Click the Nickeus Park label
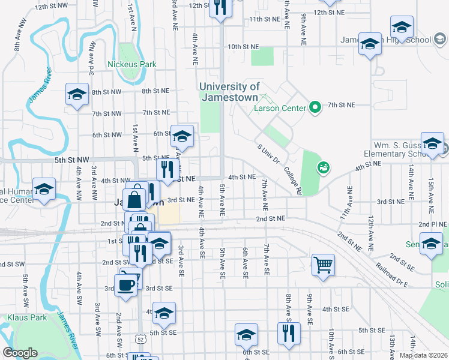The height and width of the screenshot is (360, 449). [131, 64]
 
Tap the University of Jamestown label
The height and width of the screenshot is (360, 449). [229, 92]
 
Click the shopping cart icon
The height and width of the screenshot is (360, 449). [323, 264]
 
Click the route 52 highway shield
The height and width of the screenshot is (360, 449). [139, 340]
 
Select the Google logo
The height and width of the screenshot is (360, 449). [20, 353]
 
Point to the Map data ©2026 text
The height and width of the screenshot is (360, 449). [423, 355]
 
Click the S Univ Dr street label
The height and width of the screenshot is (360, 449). [268, 153]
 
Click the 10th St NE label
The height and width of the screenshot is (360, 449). [243, 46]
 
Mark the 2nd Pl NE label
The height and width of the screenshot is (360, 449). [435, 224]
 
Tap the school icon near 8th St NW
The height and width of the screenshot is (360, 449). [77, 95]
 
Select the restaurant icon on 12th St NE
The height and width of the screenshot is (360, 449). [220, 7]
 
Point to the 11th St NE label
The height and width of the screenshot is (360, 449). [265, 19]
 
